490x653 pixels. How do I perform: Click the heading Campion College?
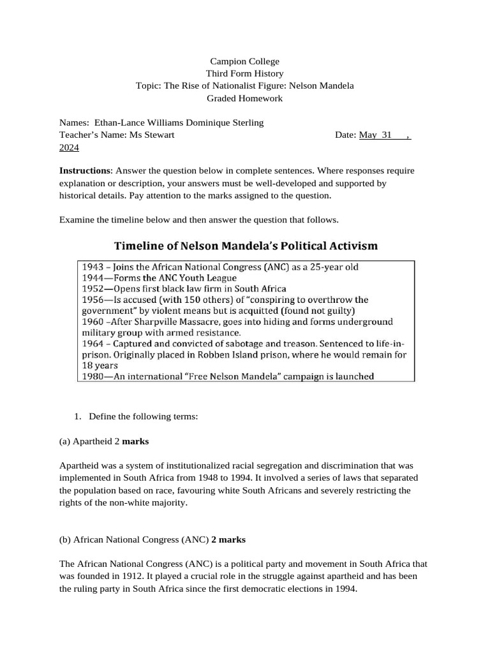tap(245, 62)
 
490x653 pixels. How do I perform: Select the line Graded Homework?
tap(245, 98)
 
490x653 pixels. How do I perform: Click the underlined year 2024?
tap(69, 147)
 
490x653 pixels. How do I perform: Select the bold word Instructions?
tap(85, 171)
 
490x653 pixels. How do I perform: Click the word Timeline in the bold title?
tap(140, 246)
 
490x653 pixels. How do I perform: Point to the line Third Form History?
tap(245, 74)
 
